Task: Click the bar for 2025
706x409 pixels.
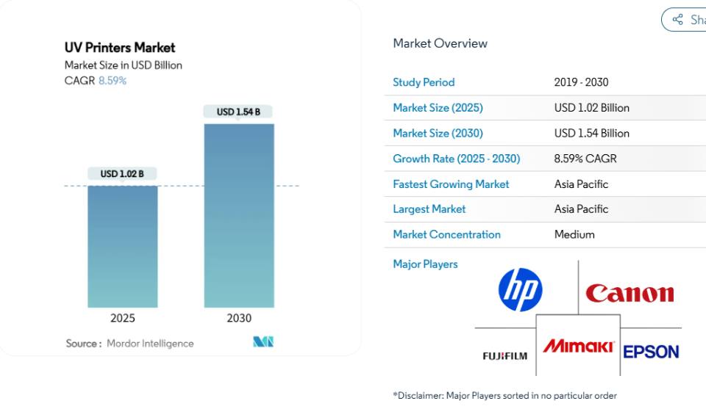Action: click(x=123, y=247)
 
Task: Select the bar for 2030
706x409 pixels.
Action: click(x=239, y=216)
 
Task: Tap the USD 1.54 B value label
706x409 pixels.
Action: click(x=238, y=112)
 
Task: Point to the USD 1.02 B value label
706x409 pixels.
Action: click(x=122, y=173)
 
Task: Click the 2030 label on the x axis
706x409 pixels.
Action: click(x=239, y=318)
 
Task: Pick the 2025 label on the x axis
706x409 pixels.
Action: click(x=123, y=318)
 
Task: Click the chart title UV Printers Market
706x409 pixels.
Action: click(x=120, y=48)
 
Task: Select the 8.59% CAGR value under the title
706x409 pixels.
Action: click(x=113, y=81)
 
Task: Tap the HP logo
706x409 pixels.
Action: click(x=520, y=290)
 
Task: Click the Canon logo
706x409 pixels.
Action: click(x=630, y=293)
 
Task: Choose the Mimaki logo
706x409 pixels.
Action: click(x=578, y=346)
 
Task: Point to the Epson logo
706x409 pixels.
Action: click(x=651, y=352)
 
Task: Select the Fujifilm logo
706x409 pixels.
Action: click(x=504, y=356)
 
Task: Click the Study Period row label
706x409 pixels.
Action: click(x=424, y=82)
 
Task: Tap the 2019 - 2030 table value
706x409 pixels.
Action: click(x=581, y=82)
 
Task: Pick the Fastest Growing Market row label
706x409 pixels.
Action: click(x=451, y=184)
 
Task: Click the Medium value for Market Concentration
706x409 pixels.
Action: click(x=574, y=235)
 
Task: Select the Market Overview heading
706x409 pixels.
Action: click(x=441, y=43)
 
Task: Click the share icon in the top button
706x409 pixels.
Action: click(x=677, y=19)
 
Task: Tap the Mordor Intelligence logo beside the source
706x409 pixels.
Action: click(x=263, y=342)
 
